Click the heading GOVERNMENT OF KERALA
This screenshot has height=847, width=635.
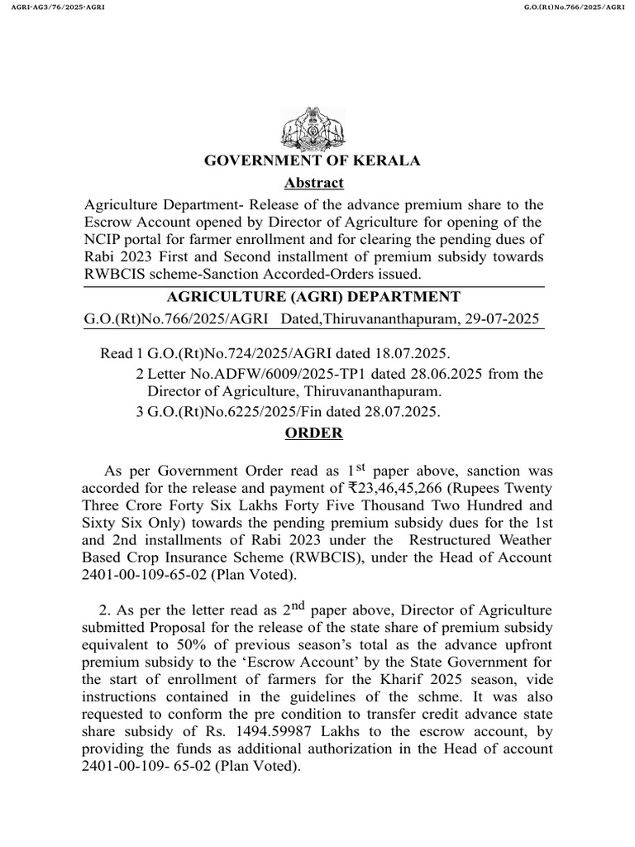coord(313,160)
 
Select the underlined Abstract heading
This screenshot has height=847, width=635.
coord(313,183)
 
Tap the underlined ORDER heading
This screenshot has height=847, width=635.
coord(313,433)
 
